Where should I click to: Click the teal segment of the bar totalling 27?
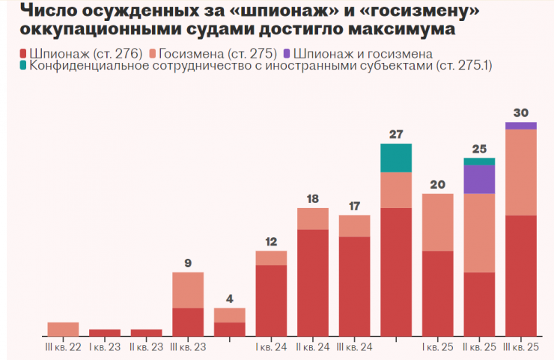[396, 157]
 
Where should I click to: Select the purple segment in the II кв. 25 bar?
[479, 179]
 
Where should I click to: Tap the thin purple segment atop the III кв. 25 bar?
[521, 126]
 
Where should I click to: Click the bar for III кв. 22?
[63, 329]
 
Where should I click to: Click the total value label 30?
[521, 113]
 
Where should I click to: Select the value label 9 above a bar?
[188, 263]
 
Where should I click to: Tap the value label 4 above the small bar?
[230, 299]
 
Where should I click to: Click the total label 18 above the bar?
[313, 199]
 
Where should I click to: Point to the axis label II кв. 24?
[313, 347]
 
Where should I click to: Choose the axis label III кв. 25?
[521, 347]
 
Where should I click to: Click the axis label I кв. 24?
[271, 347]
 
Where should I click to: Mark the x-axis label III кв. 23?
[188, 347]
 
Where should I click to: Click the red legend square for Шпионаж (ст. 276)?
[19, 54]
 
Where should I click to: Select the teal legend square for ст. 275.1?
[19, 67]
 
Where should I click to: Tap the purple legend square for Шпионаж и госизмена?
[287, 54]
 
